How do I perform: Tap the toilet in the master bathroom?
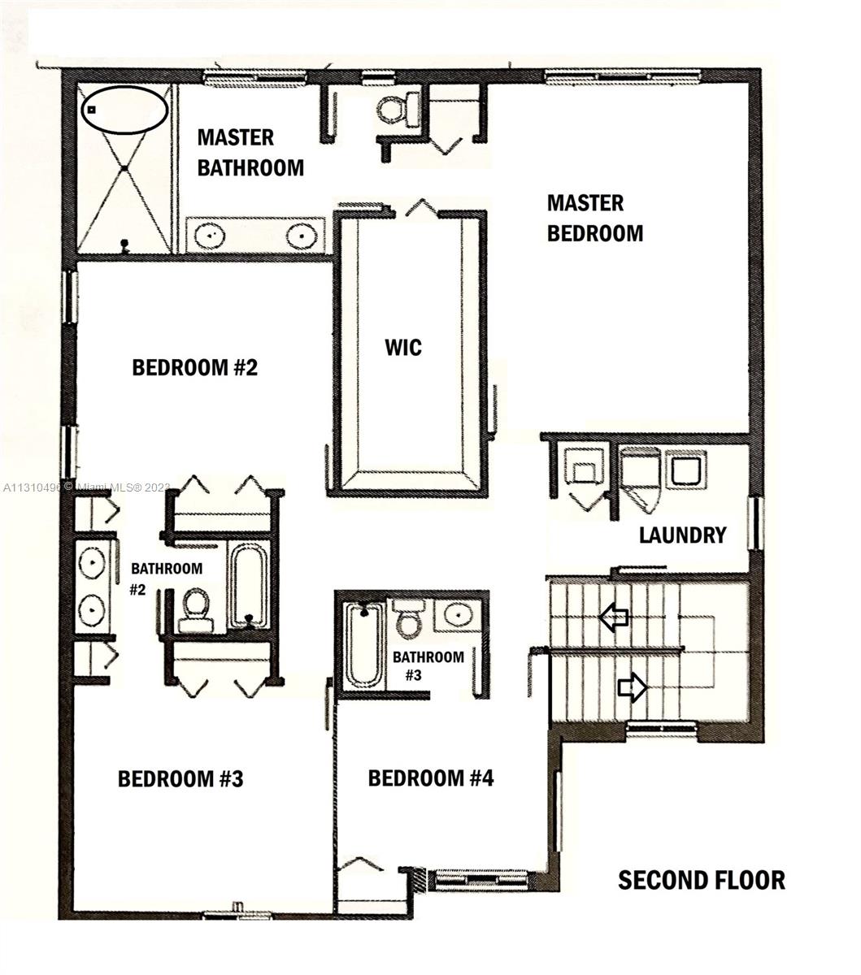pyautogui.click(x=399, y=110)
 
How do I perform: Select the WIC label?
pyautogui.click(x=403, y=348)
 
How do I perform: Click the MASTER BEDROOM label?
pyautogui.click(x=594, y=218)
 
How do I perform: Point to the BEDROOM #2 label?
pyautogui.click(x=195, y=368)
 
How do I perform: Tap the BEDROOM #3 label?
pyautogui.click(x=180, y=778)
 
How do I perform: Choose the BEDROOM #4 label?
pyautogui.click(x=431, y=778)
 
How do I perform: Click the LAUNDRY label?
pyautogui.click(x=682, y=535)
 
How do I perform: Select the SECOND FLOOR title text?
pyautogui.click(x=702, y=880)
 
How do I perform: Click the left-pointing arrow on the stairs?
pyautogui.click(x=614, y=617)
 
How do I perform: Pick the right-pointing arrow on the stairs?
pyautogui.click(x=632, y=687)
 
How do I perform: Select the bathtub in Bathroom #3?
pyautogui.click(x=364, y=645)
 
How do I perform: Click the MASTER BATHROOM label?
pyautogui.click(x=250, y=153)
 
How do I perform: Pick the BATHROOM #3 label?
pyautogui.click(x=428, y=666)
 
